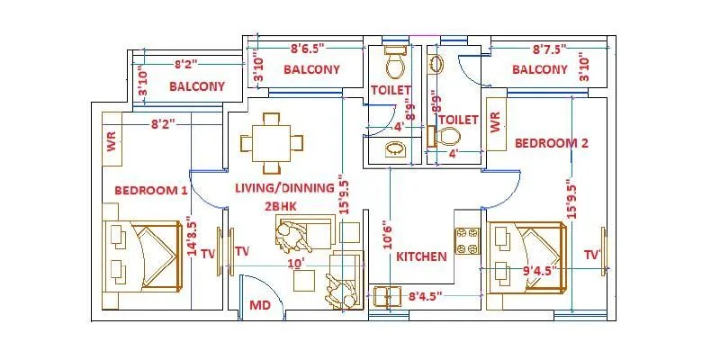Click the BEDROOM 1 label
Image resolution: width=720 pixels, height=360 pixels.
[151, 190]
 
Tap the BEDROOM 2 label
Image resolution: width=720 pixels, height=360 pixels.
[551, 143]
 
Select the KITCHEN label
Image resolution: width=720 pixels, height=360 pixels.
[421, 256]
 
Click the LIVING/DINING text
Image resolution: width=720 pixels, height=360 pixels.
[284, 188]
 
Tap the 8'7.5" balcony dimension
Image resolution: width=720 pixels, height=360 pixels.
[551, 50]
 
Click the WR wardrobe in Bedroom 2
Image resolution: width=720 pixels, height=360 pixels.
[495, 123]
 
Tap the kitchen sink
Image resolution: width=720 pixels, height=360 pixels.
[388, 296]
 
